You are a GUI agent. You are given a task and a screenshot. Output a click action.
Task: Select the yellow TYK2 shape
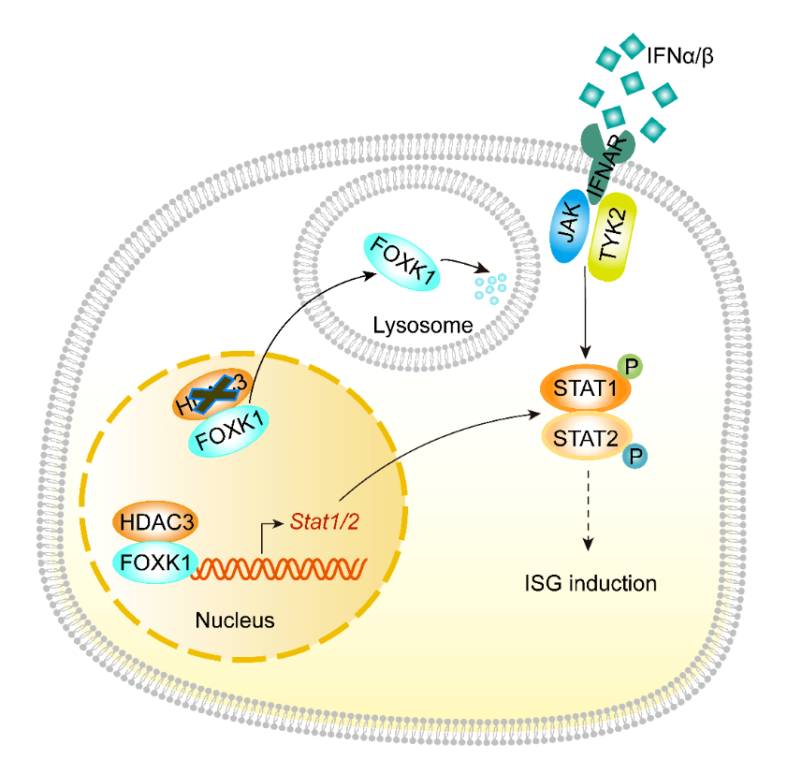(x=614, y=239)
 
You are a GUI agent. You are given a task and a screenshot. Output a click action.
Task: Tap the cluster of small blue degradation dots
(x=490, y=285)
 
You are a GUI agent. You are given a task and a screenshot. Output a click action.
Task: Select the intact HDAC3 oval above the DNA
(x=153, y=518)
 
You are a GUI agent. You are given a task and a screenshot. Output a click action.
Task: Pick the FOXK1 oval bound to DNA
(x=153, y=562)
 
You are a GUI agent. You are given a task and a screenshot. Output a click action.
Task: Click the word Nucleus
(x=234, y=619)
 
